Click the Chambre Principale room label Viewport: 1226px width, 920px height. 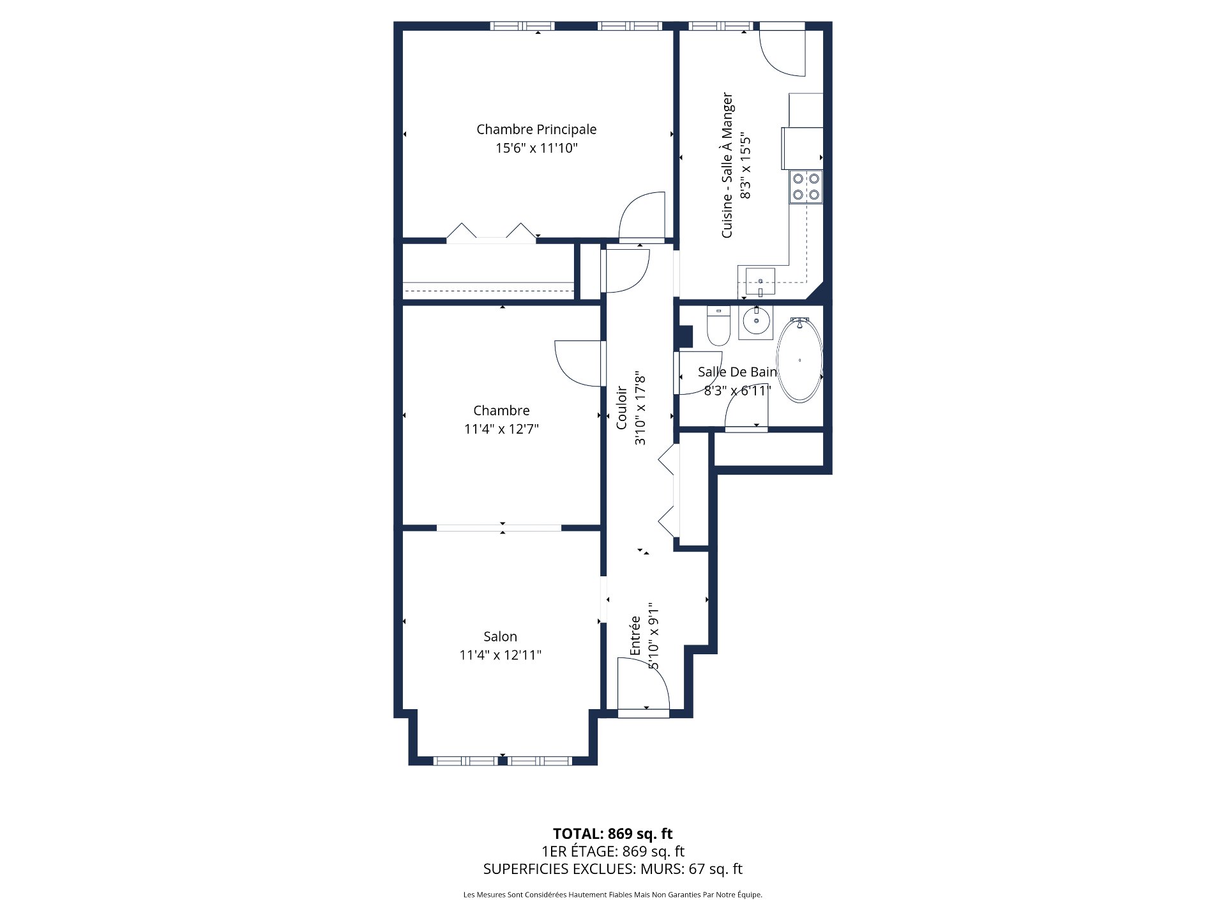tap(536, 130)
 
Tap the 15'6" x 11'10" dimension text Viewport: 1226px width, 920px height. tap(536, 148)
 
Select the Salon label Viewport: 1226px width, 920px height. tap(500, 636)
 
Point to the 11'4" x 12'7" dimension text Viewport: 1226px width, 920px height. tap(501, 429)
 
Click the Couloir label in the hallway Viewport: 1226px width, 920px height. tap(621, 408)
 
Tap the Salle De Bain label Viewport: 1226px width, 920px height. tap(738, 372)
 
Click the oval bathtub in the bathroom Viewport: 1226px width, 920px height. tap(799, 360)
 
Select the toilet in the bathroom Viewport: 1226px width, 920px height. tap(718, 326)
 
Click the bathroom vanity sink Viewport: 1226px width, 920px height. tap(756, 323)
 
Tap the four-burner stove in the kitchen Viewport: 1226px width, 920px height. tap(806, 187)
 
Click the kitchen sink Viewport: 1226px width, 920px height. tap(761, 282)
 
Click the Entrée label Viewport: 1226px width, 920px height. tap(635, 636)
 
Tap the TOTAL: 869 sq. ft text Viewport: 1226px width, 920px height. tap(613, 834)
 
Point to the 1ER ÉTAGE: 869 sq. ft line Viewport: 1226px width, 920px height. tap(613, 852)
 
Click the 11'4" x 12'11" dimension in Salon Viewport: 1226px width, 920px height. tap(501, 655)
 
